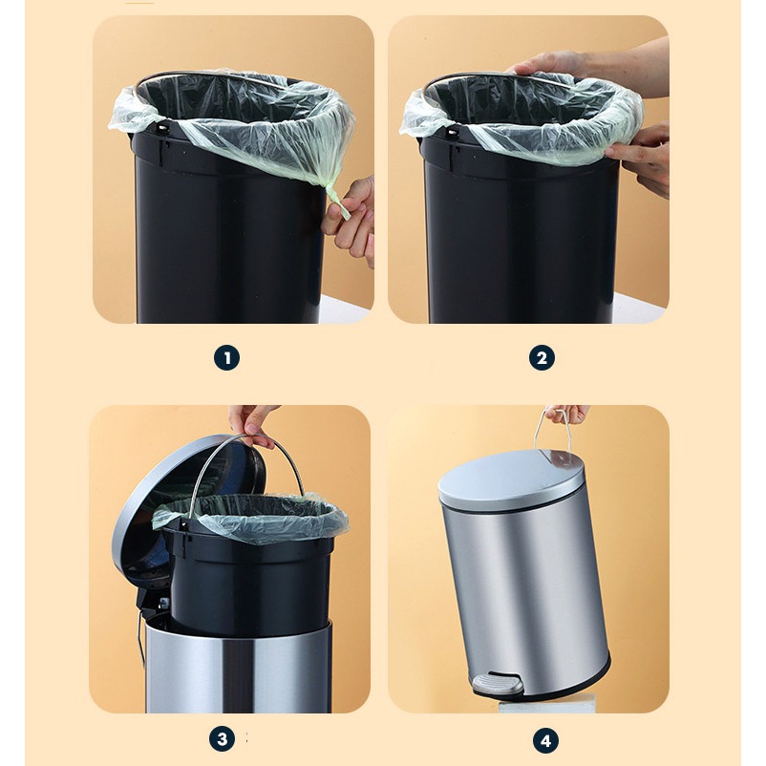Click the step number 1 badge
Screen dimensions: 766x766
click(x=226, y=358)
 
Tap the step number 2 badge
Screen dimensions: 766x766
click(x=542, y=358)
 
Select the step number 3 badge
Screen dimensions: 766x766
click(x=222, y=739)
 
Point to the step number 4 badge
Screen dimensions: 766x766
click(x=545, y=740)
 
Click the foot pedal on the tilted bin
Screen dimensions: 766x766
click(x=497, y=684)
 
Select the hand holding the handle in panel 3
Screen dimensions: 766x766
click(x=252, y=424)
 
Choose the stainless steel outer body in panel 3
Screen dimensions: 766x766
click(x=239, y=666)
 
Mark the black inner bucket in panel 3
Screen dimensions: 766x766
click(x=247, y=577)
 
